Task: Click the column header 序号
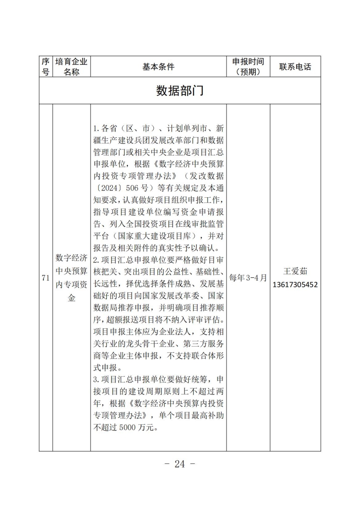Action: [45, 67]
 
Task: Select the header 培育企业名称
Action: [71, 67]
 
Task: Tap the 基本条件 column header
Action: [158, 67]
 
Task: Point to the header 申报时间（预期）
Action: [248, 67]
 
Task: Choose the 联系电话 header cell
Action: [295, 67]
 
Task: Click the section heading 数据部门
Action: [180, 91]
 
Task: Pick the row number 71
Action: [46, 278]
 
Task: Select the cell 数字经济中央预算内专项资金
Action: [71, 278]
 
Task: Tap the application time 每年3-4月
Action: [248, 278]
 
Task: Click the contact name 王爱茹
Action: [295, 271]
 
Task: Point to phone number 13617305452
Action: [295, 285]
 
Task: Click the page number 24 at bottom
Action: [180, 464]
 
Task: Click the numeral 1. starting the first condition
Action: [96, 129]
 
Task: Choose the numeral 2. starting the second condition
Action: [96, 260]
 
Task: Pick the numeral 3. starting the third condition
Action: [96, 380]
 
